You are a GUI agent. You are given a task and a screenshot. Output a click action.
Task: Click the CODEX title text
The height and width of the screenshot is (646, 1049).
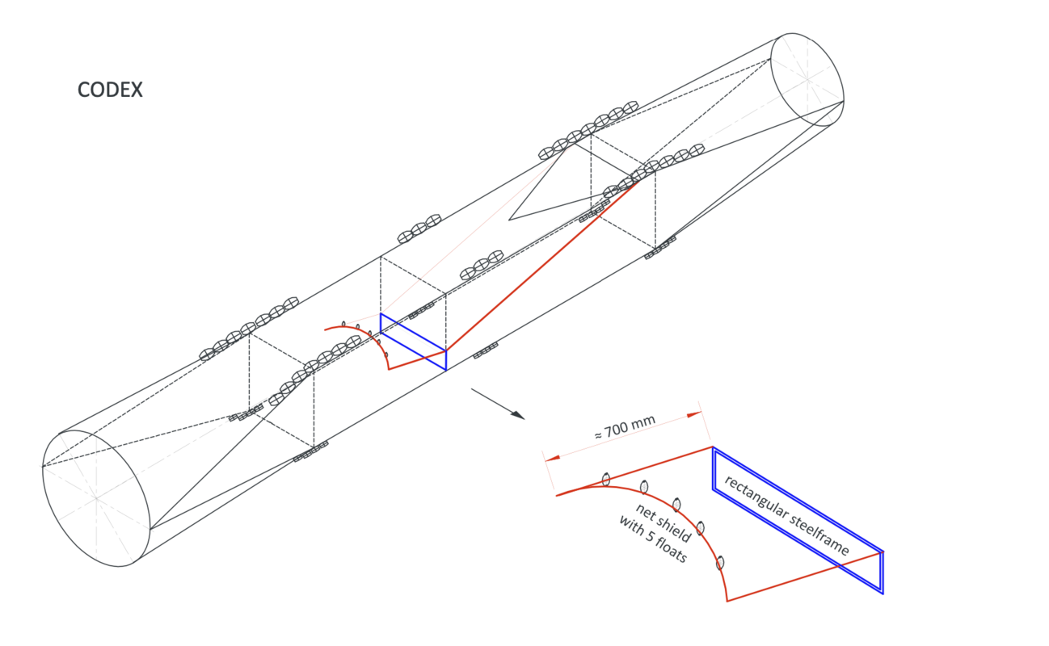pyautogui.click(x=110, y=90)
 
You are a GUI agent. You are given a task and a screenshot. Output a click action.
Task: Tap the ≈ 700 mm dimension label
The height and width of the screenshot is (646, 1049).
pyautogui.click(x=624, y=426)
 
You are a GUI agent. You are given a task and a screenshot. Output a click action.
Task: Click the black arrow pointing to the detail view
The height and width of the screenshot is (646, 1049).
pyautogui.click(x=498, y=403)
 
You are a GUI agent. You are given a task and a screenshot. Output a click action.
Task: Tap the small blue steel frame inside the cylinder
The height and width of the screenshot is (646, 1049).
pyautogui.click(x=413, y=342)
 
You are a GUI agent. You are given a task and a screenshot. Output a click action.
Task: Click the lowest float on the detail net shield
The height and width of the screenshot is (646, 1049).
pyautogui.click(x=720, y=563)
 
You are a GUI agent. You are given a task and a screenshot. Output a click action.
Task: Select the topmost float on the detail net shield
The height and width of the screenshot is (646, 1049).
pyautogui.click(x=606, y=480)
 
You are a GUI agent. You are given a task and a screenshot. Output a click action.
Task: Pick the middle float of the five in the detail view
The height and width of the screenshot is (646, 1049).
pyautogui.click(x=677, y=505)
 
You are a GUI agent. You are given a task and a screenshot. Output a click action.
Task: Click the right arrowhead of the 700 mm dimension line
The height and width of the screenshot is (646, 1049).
pyautogui.click(x=693, y=414)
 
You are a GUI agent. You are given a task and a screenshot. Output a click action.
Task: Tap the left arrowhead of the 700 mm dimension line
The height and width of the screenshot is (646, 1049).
pyautogui.click(x=551, y=458)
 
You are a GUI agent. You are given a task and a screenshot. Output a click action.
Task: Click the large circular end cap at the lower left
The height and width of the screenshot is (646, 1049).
pyautogui.click(x=96, y=498)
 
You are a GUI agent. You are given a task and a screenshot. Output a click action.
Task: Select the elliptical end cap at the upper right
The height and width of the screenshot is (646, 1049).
pyautogui.click(x=807, y=80)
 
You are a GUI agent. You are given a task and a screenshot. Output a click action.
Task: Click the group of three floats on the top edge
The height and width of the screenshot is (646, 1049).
pyautogui.click(x=419, y=229)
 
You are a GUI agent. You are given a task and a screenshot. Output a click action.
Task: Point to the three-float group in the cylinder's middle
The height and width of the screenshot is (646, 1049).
pyautogui.click(x=481, y=268)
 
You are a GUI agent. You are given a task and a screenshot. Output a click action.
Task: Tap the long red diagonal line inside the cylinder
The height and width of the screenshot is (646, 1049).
pyautogui.click(x=541, y=266)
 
